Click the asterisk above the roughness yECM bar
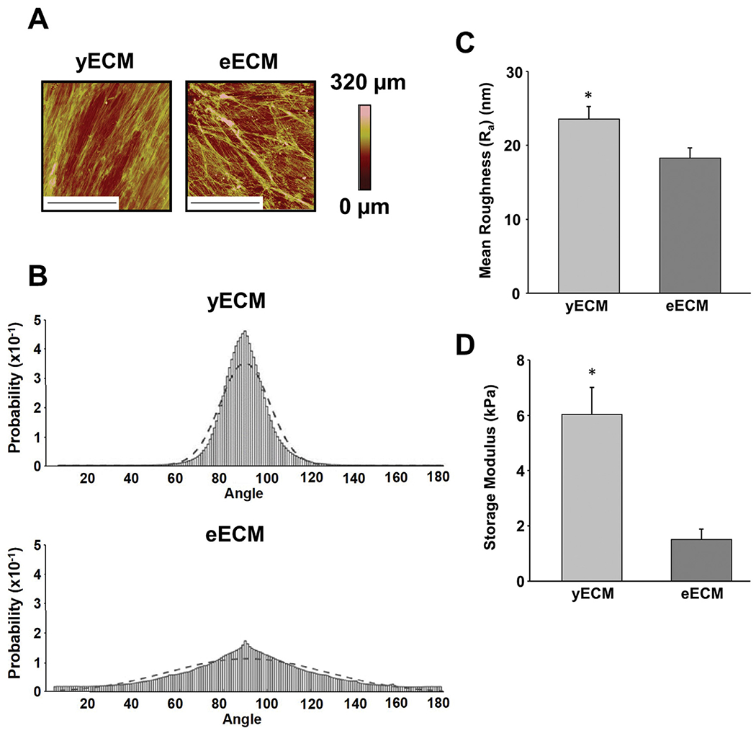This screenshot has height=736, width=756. [x=589, y=95]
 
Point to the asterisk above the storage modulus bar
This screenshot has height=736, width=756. [x=592, y=373]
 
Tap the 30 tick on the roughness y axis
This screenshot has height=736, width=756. [x=513, y=73]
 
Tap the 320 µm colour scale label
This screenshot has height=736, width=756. [x=368, y=83]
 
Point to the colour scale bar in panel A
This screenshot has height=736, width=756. [x=365, y=147]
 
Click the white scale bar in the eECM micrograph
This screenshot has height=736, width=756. [x=224, y=203]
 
